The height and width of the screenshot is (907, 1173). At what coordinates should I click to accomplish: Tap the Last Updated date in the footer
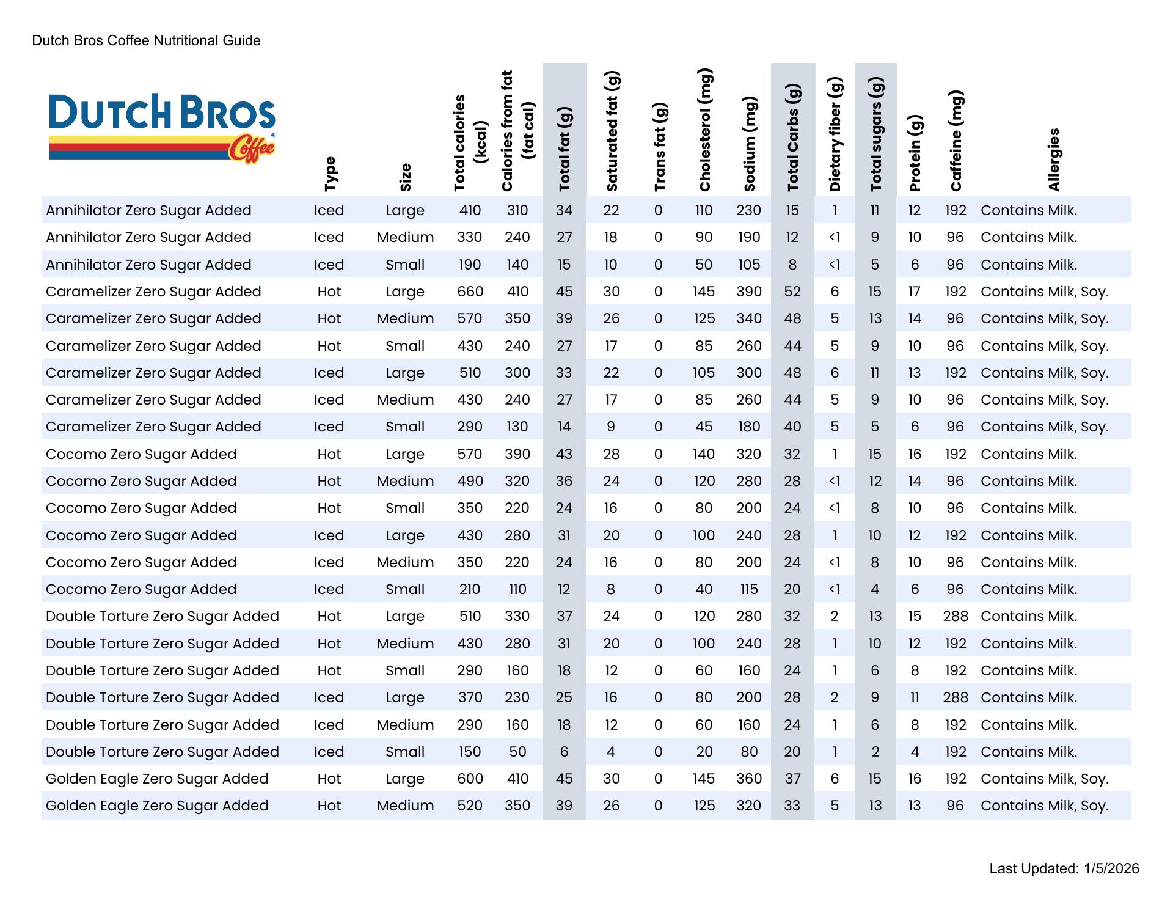[1064, 868]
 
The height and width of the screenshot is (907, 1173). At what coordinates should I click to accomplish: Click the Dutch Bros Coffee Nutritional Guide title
[146, 41]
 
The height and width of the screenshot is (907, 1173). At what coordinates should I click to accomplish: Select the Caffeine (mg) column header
[956, 141]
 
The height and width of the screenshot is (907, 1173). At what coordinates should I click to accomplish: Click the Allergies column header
[1053, 160]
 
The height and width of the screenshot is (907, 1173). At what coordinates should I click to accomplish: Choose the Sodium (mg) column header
[750, 144]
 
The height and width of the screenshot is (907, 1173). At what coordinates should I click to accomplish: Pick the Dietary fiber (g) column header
[835, 134]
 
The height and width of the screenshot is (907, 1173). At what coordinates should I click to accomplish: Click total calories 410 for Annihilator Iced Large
[470, 210]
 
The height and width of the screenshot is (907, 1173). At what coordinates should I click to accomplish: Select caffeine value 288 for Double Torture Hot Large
[956, 616]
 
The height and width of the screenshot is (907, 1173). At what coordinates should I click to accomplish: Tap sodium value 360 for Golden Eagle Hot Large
[749, 779]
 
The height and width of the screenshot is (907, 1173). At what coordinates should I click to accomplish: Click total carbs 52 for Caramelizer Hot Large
[792, 292]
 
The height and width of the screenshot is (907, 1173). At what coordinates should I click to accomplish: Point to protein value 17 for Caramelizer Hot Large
[914, 292]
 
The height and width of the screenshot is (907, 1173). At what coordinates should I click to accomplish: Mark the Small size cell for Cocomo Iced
[405, 589]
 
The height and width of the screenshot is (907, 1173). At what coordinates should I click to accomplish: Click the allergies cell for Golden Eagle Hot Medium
[1044, 806]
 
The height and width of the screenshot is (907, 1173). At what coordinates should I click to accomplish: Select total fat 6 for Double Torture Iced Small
[564, 752]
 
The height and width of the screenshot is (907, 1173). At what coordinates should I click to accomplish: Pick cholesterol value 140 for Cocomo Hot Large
[704, 454]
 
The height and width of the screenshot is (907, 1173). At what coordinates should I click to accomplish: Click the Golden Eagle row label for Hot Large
[157, 779]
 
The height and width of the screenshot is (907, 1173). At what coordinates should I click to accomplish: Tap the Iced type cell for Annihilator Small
[329, 265]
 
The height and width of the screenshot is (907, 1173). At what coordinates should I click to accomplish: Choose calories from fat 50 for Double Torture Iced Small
[517, 752]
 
